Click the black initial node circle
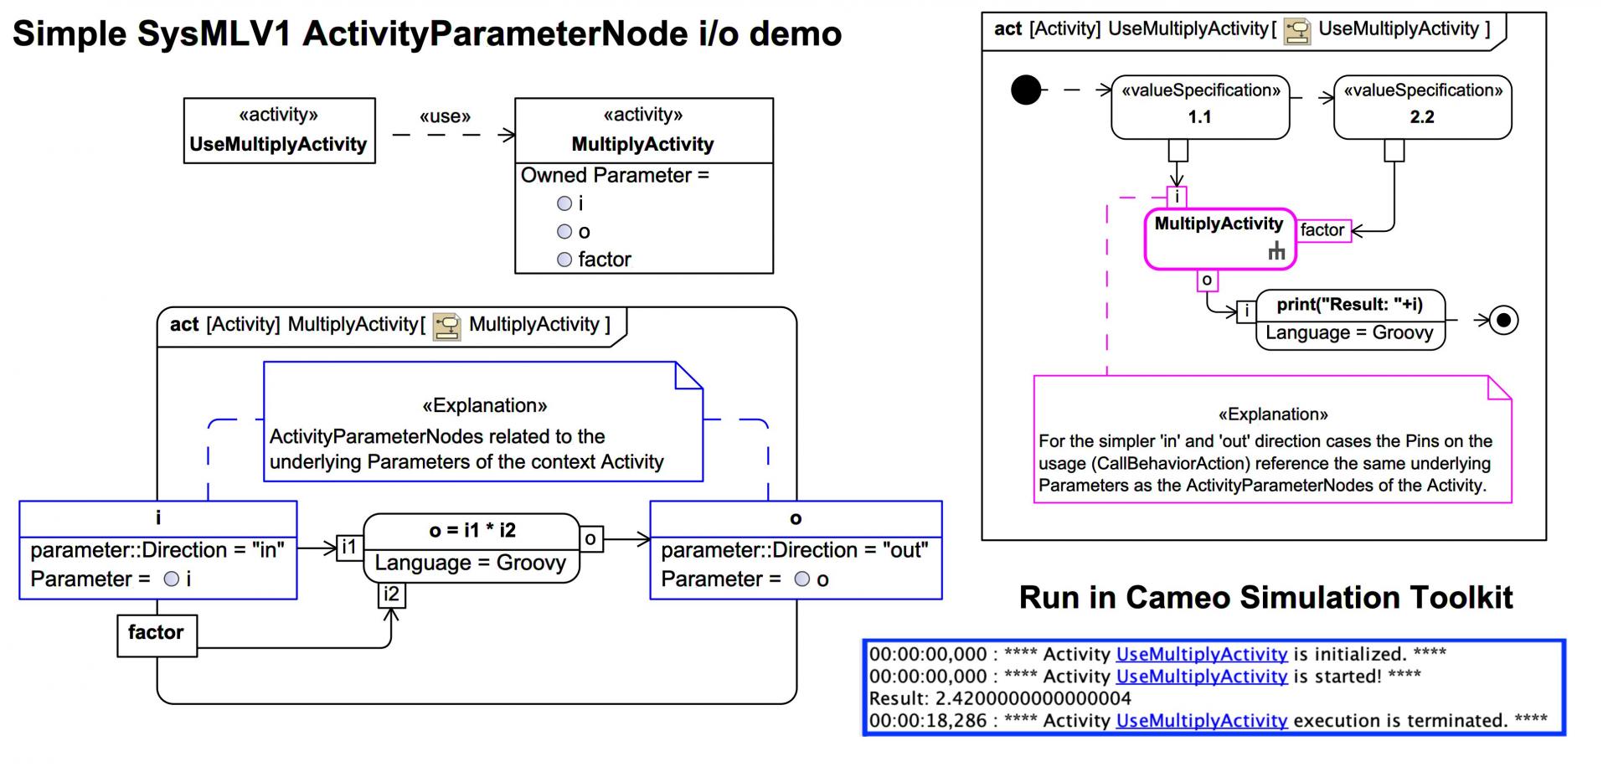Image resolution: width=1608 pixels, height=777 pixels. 1026,90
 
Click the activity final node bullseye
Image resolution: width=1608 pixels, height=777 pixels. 1504,320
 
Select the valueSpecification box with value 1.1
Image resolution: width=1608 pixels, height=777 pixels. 1200,106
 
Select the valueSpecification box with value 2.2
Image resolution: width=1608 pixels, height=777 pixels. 1422,106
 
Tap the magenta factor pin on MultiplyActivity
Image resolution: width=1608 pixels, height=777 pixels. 1323,230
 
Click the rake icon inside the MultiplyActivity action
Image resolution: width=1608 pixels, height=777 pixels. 1276,250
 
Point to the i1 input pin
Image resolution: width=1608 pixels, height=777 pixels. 349,548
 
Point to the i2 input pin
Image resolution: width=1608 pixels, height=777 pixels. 391,594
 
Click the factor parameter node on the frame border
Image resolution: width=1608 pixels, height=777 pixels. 157,635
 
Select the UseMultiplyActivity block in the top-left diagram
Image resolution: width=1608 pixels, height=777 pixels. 279,131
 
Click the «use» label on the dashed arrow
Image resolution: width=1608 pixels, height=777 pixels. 445,116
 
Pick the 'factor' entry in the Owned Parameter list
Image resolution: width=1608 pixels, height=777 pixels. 604,260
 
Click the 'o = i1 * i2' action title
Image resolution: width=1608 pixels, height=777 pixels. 472,530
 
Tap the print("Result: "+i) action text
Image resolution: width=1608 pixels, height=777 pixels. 1349,305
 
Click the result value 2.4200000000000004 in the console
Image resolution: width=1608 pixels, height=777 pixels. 1033,698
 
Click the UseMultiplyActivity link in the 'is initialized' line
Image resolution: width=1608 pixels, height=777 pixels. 1201,654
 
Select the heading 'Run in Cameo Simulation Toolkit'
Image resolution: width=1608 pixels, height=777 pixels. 1265,598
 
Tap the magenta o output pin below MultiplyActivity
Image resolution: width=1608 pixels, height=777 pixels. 1207,280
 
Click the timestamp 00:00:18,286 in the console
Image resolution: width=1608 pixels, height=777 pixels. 928,721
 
